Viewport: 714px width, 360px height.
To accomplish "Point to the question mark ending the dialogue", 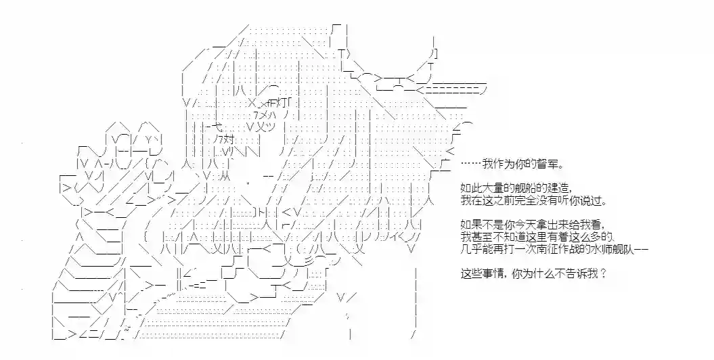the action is coord(604,274).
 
